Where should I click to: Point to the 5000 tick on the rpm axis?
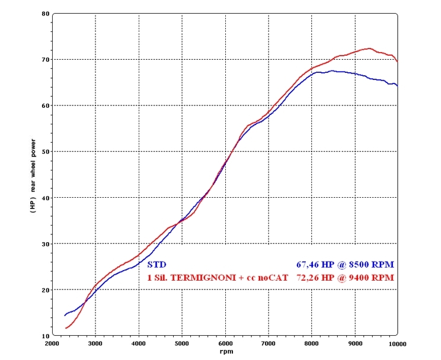[x=182, y=343]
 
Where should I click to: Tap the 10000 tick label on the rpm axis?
[x=397, y=343]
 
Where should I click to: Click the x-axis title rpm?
[x=225, y=351]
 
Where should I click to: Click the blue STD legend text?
[x=156, y=265]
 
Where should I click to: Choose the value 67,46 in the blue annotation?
[x=309, y=265]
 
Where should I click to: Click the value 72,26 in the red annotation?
[x=309, y=277]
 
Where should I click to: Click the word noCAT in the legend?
[x=273, y=277]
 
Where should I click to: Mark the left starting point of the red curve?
[x=65, y=328]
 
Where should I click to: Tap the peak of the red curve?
[x=369, y=49]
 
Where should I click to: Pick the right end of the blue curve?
[x=397, y=86]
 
